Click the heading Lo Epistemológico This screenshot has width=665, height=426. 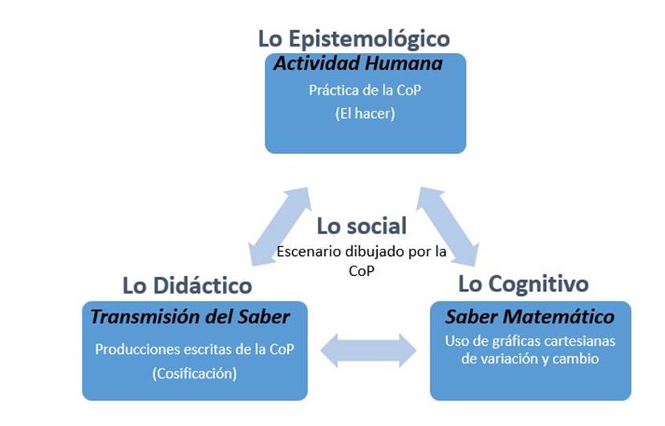pyautogui.click(x=354, y=38)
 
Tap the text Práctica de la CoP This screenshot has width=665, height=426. pyautogui.click(x=365, y=90)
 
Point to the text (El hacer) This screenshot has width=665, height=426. pyautogui.click(x=365, y=114)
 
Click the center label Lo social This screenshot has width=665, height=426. pyautogui.click(x=361, y=225)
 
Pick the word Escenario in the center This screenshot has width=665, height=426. pyautogui.click(x=306, y=251)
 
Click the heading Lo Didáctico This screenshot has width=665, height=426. pyautogui.click(x=187, y=285)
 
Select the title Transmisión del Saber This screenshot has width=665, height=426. pyautogui.click(x=190, y=316)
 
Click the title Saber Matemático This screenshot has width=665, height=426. pyautogui.click(x=529, y=316)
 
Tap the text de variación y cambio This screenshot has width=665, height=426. pyautogui.click(x=529, y=359)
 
